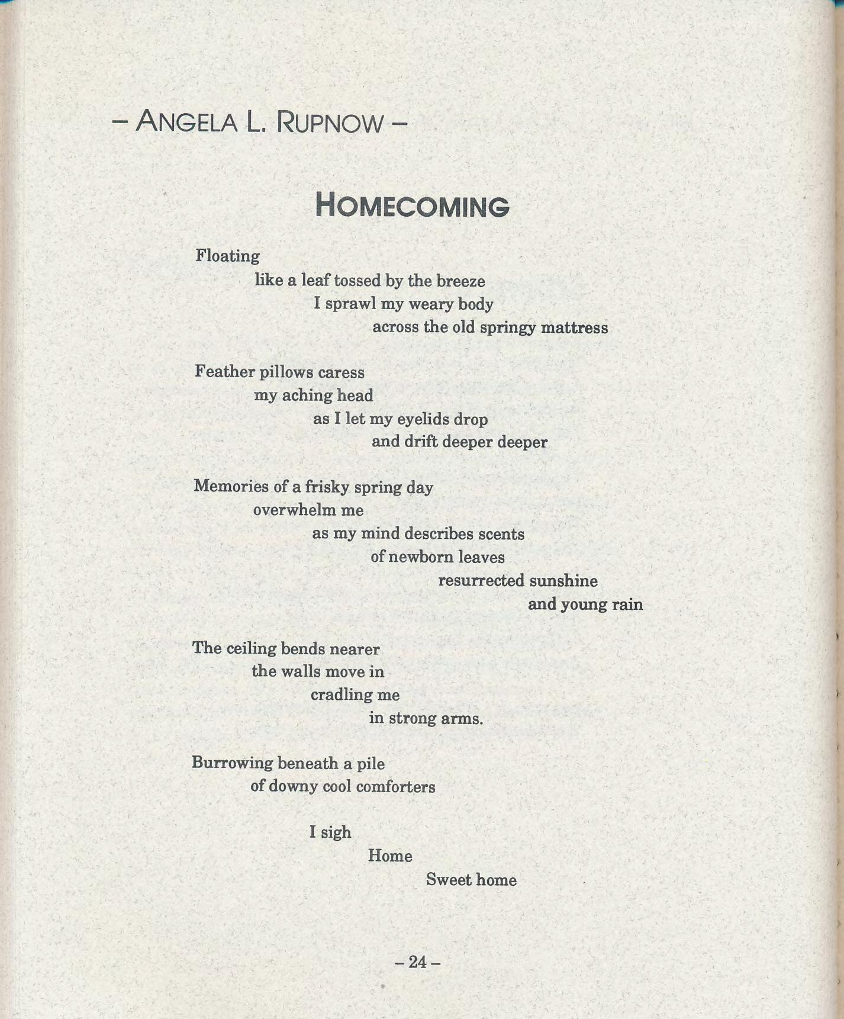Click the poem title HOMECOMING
click(x=412, y=205)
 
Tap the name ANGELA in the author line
click(x=186, y=122)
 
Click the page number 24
click(x=417, y=962)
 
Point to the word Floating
click(x=227, y=256)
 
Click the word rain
click(x=627, y=604)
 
